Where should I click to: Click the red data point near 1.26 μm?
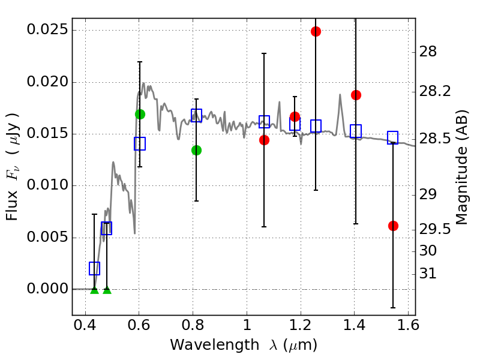(x=316, y=31)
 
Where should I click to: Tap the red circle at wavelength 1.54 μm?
(x=393, y=226)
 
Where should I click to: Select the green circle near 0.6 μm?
(x=140, y=114)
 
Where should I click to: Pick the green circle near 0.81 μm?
(x=196, y=150)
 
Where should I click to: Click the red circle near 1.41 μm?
(x=356, y=95)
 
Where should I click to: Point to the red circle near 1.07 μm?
(x=264, y=140)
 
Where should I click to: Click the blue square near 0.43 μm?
(x=94, y=268)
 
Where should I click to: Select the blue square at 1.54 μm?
(x=393, y=137)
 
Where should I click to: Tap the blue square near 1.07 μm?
(x=264, y=122)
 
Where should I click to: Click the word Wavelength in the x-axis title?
(x=207, y=345)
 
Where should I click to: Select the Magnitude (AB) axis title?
(x=461, y=169)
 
